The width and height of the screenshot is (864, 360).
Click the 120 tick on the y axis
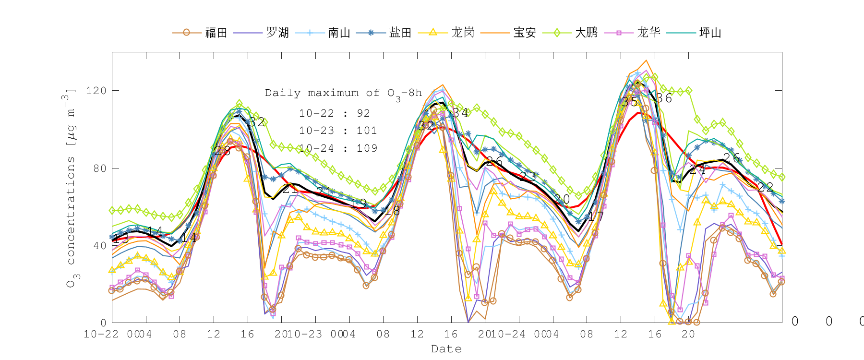pos(96,91)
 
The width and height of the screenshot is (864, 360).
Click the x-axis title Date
pos(446,349)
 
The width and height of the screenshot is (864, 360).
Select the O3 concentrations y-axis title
pos(71,187)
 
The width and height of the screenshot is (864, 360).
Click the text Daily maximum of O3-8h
pos(343,94)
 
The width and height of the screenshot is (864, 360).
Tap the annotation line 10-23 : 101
pos(338,131)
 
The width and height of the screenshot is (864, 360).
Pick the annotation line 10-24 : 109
pos(338,148)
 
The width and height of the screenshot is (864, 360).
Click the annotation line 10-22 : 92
pos(335,113)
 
